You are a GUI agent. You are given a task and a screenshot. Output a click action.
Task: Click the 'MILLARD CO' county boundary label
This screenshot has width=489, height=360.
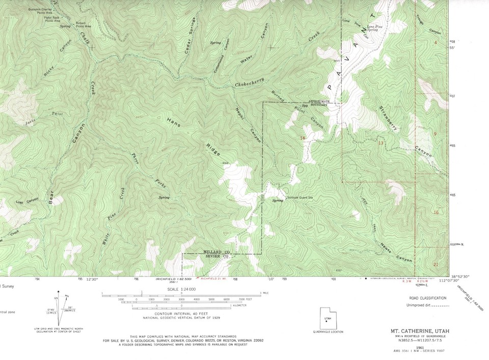(x=217, y=252)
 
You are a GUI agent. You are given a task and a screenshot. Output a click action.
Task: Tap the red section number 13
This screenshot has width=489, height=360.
(x=381, y=144)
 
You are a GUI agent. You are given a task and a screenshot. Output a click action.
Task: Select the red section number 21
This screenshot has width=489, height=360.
(x=435, y=264)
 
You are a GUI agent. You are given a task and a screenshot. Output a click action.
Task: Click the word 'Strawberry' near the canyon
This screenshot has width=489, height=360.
(x=388, y=118)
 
